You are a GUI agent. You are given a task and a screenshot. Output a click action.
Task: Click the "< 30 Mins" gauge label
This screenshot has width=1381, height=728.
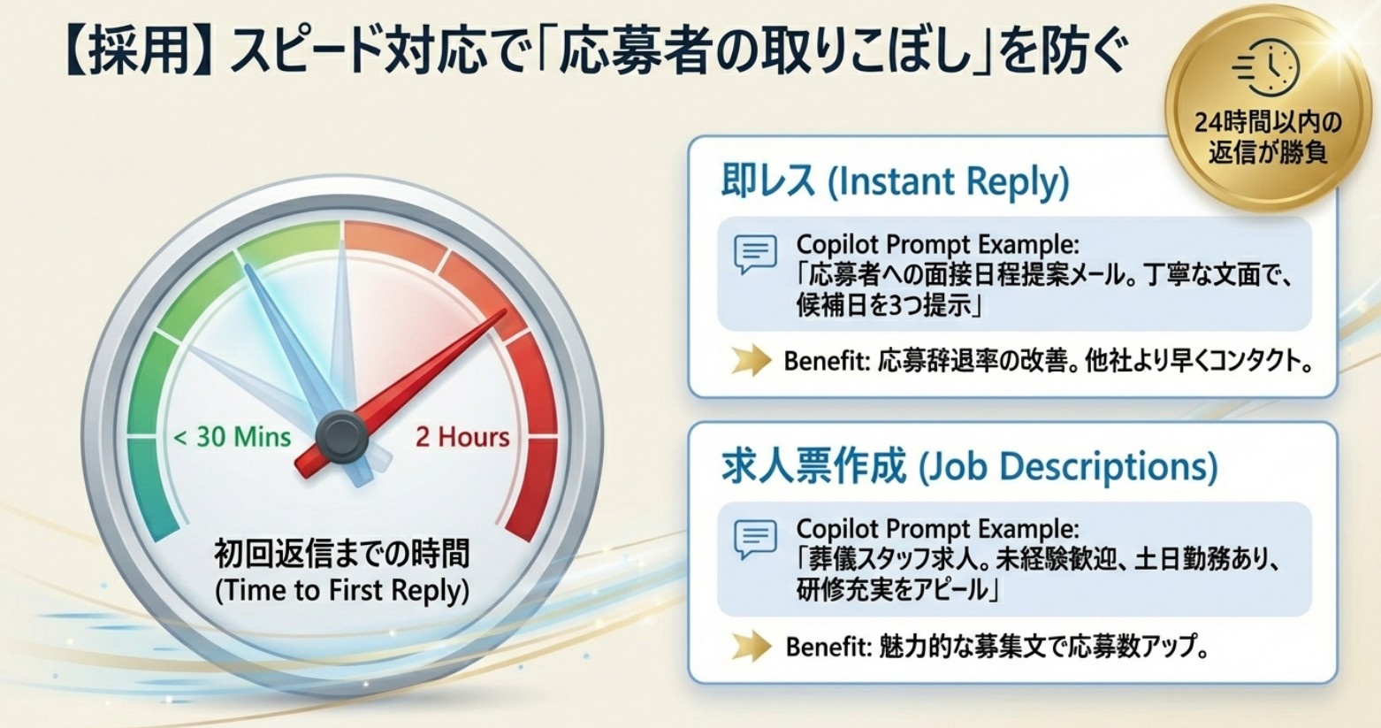tap(233, 437)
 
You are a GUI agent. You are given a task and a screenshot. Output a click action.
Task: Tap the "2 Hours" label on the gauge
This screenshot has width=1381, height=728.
tap(462, 437)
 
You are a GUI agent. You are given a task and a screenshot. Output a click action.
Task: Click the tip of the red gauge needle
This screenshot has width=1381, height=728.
tap(504, 312)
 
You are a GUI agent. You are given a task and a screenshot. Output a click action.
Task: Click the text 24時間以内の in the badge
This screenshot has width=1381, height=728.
tap(1268, 122)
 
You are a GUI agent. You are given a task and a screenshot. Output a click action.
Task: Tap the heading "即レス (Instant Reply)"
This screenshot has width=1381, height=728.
tap(895, 181)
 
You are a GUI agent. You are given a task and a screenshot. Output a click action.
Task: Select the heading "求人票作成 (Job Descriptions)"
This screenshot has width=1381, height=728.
tap(969, 466)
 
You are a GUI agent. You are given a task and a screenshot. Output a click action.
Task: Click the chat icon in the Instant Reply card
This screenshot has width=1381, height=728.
tap(755, 254)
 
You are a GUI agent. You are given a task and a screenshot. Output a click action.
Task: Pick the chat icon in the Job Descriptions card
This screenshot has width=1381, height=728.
tap(755, 539)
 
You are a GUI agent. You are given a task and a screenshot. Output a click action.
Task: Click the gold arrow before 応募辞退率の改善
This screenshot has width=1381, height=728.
tap(751, 361)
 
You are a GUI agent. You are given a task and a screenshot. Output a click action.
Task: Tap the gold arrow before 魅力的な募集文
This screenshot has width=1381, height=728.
tap(751, 647)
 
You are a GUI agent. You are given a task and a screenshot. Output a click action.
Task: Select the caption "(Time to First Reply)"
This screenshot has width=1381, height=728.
tap(342, 591)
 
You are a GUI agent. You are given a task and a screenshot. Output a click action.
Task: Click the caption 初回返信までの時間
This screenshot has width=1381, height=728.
tap(342, 555)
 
